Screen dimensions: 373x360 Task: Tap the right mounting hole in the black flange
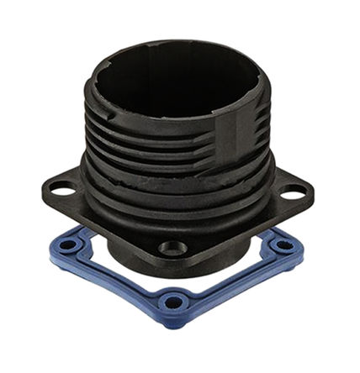[293, 193]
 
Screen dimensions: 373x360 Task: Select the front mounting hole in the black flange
[174, 249]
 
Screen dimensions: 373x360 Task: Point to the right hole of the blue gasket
[283, 245]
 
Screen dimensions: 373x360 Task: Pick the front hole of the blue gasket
[174, 301]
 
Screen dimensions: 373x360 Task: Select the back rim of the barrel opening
[177, 44]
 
